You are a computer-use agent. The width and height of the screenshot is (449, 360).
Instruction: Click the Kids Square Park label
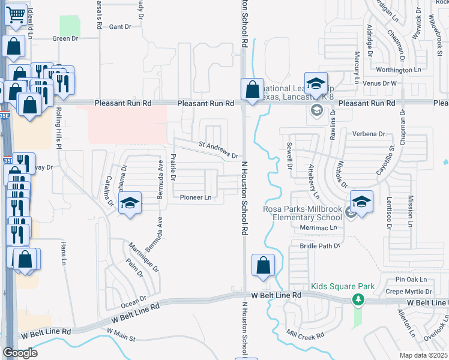pos(343,287)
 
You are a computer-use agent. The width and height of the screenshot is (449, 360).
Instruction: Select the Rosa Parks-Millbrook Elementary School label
pos(303,214)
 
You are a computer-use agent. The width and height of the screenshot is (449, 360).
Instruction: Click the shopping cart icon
pos(17,13)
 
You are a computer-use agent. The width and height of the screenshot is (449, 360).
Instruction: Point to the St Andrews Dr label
pos(219,149)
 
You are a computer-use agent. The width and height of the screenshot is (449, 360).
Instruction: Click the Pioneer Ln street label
pos(196,197)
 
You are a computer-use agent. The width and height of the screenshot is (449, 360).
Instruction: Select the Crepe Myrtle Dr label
pos(408,292)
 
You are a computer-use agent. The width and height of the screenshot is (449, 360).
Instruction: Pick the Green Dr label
pos(65,38)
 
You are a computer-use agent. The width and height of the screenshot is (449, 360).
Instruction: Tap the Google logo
pos(20,353)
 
